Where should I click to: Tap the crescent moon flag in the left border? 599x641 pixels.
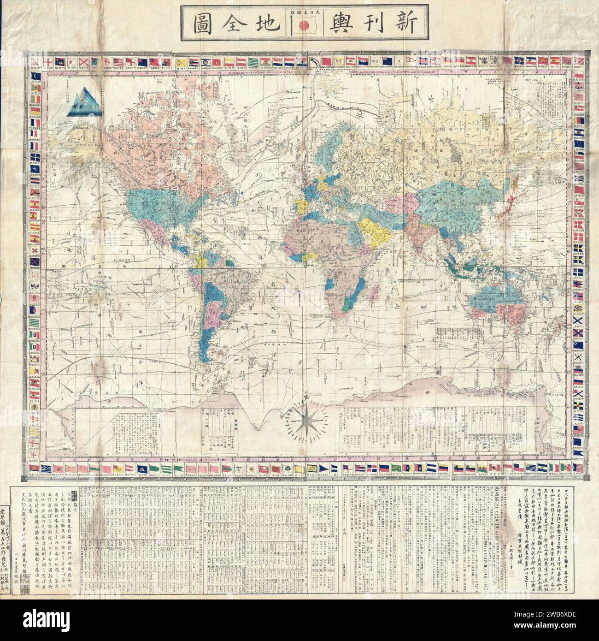click(x=35, y=77)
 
